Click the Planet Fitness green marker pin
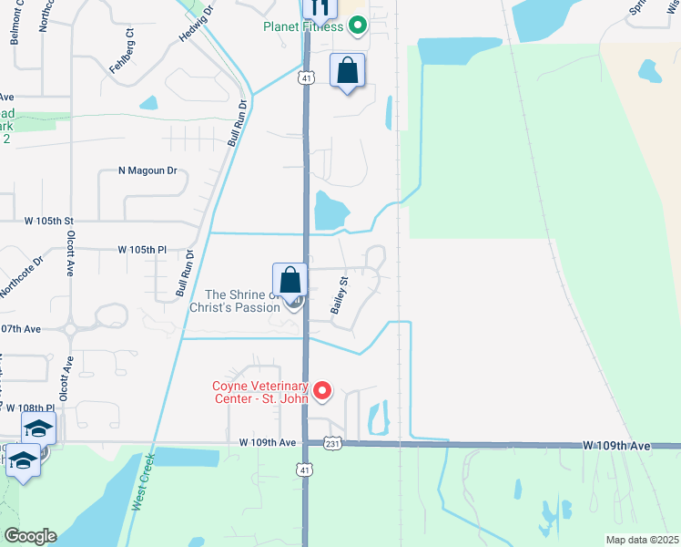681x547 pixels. [x=358, y=26]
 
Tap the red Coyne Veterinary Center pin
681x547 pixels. [x=322, y=392]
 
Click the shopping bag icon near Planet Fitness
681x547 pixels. [x=347, y=70]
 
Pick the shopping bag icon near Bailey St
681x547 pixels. [x=290, y=279]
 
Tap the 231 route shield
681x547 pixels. [x=334, y=443]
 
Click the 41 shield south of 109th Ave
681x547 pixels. [x=304, y=468]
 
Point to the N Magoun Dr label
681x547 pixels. [x=147, y=170]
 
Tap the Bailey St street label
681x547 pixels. [x=340, y=295]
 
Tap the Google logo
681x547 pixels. [x=29, y=536]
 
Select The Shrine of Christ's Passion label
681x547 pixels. [x=234, y=301]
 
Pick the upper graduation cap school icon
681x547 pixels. [x=39, y=428]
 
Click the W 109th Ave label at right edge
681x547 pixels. [x=616, y=446]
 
